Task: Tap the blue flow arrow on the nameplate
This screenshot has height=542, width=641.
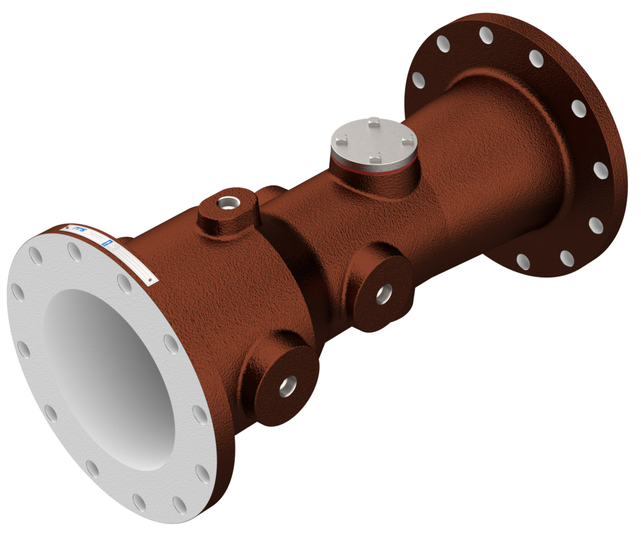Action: click(x=107, y=242)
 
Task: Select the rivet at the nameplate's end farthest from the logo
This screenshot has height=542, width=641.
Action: click(x=150, y=280)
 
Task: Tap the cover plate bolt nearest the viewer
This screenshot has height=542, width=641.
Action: click(x=374, y=157)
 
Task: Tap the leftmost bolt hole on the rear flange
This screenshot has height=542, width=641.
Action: click(x=418, y=80)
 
